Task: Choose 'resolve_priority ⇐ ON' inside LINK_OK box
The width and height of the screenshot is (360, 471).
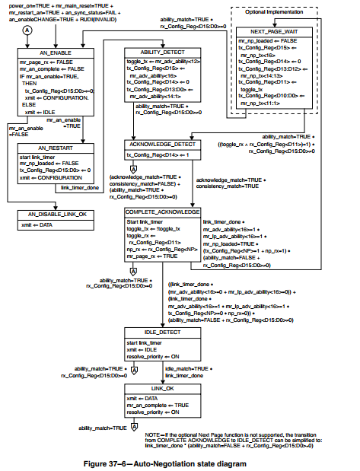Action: tap(153, 412)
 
